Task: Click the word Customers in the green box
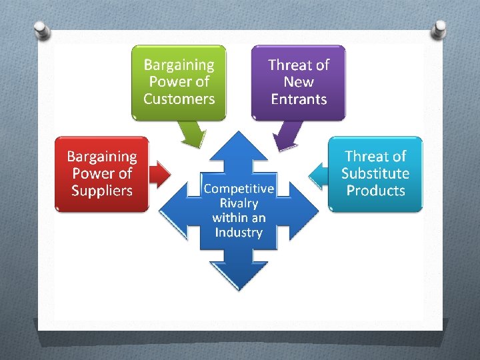pos(179,99)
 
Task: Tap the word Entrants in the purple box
pos(299,99)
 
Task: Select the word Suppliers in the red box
pos(102,191)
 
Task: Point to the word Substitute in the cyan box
pos(375,173)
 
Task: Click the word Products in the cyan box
pos(375,191)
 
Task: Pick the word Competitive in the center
pos(239,189)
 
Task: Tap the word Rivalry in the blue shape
pos(239,203)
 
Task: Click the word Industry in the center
pos(239,233)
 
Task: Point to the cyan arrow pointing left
pos(319,175)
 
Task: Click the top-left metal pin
pos(41,30)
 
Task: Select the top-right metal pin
pos(439,29)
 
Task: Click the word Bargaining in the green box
pos(179,65)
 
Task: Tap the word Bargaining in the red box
pos(102,157)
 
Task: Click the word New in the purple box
pos(299,82)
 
